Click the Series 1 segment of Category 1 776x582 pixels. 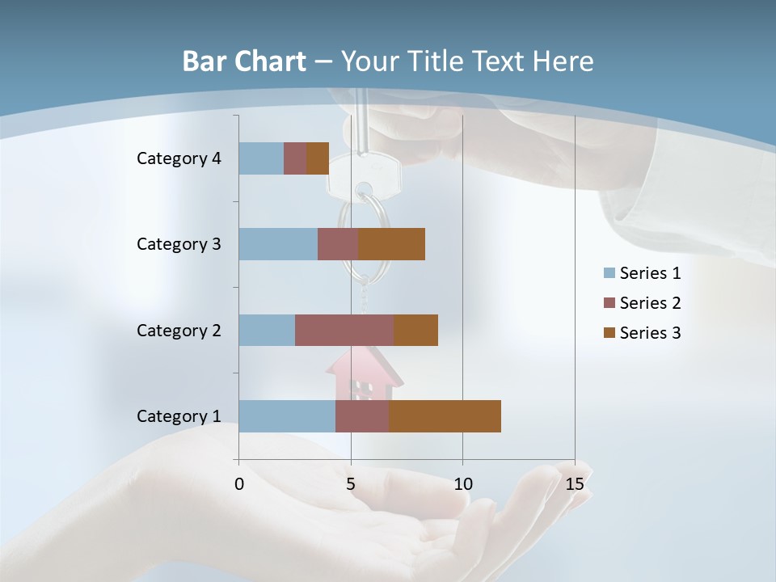coord(287,416)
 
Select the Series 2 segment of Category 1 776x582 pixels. coord(362,416)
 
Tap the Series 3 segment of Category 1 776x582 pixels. coord(445,416)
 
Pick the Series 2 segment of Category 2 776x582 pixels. coord(344,330)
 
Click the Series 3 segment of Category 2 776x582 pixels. coord(415,330)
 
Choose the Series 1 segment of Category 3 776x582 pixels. coord(278,244)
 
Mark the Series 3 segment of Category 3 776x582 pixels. coord(392,244)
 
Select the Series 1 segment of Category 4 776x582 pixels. coord(261,158)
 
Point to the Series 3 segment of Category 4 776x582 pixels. coord(318,158)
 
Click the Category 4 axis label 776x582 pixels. coord(179,158)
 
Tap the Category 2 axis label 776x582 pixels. coord(179,330)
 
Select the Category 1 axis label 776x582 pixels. coord(179,416)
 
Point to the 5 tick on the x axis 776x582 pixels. coord(351,484)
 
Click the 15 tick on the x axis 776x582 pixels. coord(575,484)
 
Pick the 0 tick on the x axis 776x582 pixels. coord(239,484)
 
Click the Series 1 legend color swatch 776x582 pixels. coord(609,273)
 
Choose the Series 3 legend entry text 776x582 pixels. coord(650,333)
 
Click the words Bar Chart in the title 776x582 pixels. coord(244,61)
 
